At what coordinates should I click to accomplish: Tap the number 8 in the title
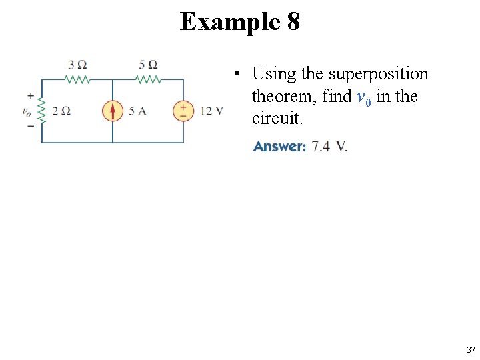(x=293, y=22)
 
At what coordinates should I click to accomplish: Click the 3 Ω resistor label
(x=78, y=65)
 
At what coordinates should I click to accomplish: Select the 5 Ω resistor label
(x=148, y=65)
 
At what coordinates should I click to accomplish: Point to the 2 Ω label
(x=61, y=111)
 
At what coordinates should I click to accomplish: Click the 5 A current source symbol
(x=113, y=111)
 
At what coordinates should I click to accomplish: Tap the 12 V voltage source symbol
(x=183, y=111)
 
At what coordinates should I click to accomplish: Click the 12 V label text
(x=211, y=111)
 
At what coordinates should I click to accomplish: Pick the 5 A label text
(x=137, y=111)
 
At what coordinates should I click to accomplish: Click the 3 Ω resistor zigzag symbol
(x=77, y=79)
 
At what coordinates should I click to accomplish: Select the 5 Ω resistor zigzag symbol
(x=148, y=79)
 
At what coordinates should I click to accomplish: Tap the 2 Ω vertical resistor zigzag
(x=42, y=111)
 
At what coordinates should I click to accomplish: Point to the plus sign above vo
(x=31, y=96)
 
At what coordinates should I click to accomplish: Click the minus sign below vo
(x=31, y=126)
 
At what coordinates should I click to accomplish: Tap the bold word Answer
(x=279, y=147)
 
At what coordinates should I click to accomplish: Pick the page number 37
(x=471, y=349)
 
